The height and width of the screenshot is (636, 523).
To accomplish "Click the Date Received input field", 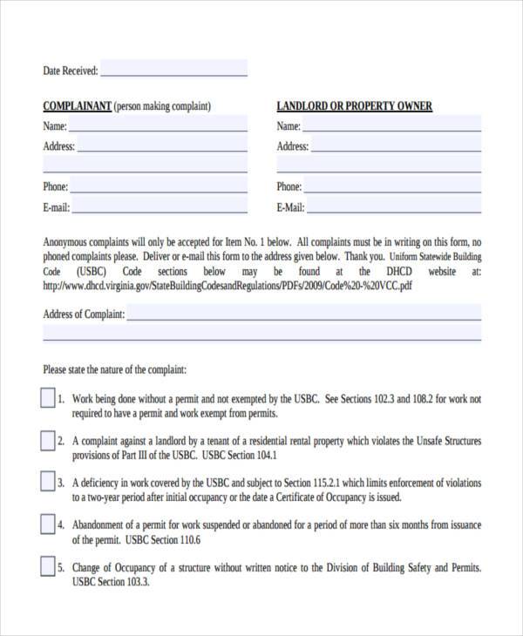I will coord(173,69).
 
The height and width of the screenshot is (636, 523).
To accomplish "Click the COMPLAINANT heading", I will coord(77,106).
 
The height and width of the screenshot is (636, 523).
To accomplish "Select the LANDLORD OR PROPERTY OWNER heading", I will coord(354,106).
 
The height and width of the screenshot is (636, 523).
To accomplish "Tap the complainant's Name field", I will coord(158,126).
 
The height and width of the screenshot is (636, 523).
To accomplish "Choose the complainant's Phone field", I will coord(159,186).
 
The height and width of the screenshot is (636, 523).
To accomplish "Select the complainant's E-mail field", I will coord(160,207).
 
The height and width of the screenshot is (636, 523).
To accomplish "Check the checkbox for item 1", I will coord(47,399).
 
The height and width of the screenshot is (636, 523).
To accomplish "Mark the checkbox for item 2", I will coord(47,441).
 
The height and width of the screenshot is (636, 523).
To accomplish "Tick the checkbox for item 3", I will coord(47,483).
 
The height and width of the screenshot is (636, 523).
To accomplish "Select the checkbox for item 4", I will coord(47,524).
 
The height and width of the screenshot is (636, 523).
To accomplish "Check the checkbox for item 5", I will coord(47,567).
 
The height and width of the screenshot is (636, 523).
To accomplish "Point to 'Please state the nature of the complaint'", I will coord(114,369).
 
